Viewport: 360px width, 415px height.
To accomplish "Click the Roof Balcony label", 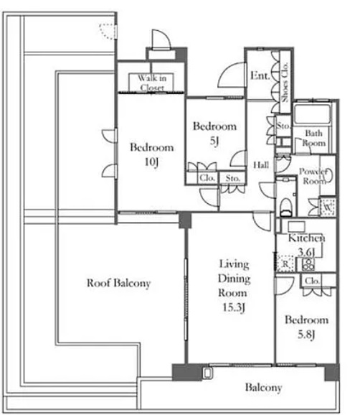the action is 118,283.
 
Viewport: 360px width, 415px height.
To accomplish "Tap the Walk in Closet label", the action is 152,83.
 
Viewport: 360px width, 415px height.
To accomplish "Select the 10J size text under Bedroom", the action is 151,162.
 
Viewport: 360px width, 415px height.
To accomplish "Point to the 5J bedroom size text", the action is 214,141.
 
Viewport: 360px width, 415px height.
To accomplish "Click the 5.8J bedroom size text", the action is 306,335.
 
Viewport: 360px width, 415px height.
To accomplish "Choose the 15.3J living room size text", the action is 233,307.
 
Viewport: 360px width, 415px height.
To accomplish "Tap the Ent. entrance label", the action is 260,76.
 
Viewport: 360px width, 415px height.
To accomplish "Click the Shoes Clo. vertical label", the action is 285,82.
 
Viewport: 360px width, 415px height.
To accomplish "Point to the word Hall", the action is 261,165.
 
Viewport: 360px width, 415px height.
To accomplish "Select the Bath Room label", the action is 313,138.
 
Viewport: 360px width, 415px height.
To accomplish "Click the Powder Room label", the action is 313,177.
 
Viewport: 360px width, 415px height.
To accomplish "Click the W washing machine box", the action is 328,207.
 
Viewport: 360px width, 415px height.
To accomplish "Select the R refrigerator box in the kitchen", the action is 285,264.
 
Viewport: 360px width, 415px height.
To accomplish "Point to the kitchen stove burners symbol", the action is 308,265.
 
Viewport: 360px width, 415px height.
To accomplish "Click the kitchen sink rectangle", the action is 297,227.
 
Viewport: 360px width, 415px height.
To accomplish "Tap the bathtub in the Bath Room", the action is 313,114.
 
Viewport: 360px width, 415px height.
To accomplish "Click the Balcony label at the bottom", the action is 263,388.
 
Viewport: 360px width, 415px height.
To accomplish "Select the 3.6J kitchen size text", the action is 306,252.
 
